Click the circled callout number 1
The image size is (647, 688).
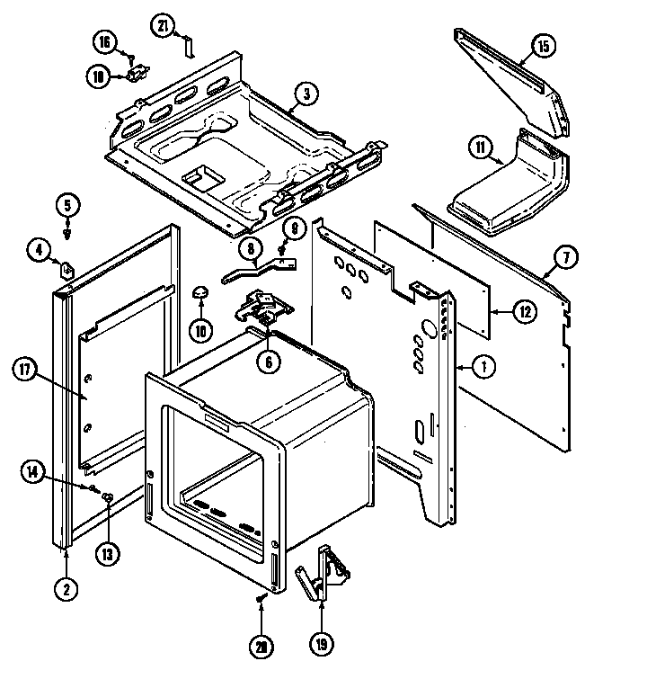pyautogui.click(x=484, y=366)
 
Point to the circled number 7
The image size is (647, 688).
pyautogui.click(x=565, y=258)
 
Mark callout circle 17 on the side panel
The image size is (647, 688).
pyautogui.click(x=26, y=369)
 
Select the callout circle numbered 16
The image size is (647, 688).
pyautogui.click(x=105, y=42)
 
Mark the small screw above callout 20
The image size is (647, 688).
pyautogui.click(x=261, y=597)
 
